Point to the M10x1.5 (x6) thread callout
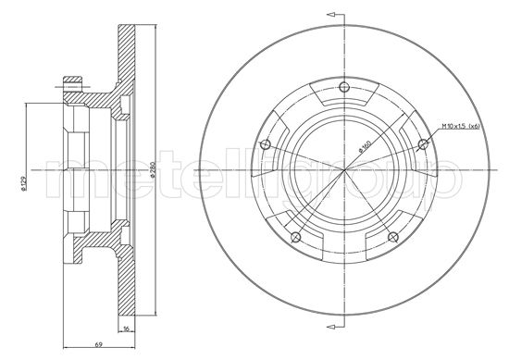point(459,125)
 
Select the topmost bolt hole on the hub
point(344,89)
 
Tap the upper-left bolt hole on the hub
point(267,143)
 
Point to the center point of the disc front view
point(344,170)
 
